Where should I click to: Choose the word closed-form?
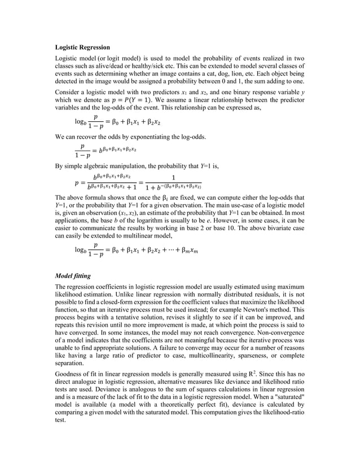tap(118, 302)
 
